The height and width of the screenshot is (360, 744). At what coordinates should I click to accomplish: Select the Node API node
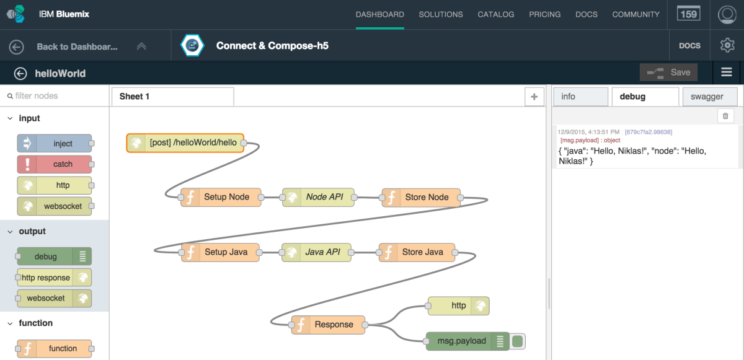point(319,197)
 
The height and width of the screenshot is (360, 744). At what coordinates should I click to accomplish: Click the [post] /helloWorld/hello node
point(185,143)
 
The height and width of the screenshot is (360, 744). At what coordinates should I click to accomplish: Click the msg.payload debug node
point(461,341)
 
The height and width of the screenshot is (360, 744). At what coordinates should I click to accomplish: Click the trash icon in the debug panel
point(725,116)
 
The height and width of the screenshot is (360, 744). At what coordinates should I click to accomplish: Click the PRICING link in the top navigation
point(544,14)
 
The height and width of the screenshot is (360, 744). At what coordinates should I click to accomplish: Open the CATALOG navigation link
point(495,14)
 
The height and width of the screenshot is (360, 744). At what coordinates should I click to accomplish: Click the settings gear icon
point(727,45)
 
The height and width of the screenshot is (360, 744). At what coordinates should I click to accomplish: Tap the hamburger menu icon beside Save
point(727,72)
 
